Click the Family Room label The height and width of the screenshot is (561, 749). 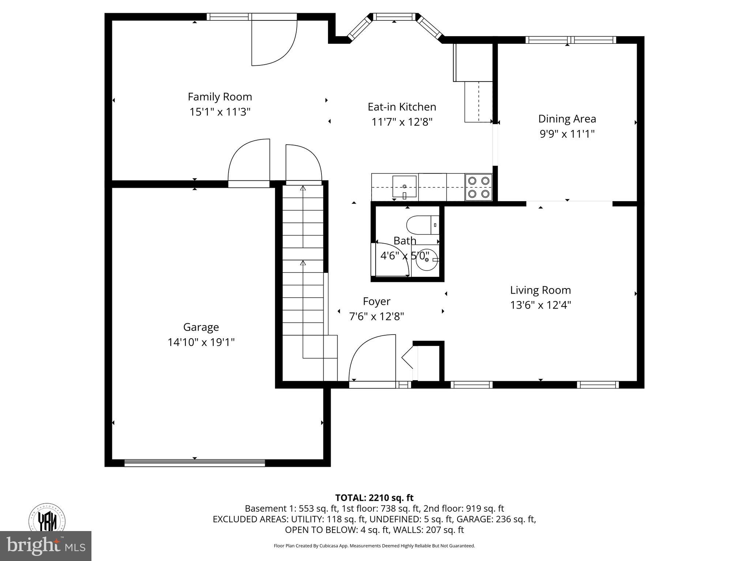point(220,97)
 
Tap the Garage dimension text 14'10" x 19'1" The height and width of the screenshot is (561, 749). point(201,342)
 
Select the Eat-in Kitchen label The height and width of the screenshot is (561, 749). point(402,107)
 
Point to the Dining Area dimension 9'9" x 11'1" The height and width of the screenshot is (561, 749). point(567,134)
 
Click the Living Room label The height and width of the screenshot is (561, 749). point(540,290)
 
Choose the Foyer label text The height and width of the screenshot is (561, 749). point(376,301)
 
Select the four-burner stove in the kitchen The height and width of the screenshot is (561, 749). point(479,187)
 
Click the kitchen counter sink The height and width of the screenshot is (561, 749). point(404,186)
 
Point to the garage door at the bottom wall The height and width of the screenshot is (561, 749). point(195,463)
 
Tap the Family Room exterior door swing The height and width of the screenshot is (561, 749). point(274,42)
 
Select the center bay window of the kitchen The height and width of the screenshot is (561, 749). point(394,16)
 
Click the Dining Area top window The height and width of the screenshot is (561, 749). point(571,40)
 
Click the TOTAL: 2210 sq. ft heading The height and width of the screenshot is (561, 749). point(374,498)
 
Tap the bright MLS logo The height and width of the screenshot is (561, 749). point(45,546)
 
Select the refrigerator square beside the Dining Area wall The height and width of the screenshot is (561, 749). point(473,62)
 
